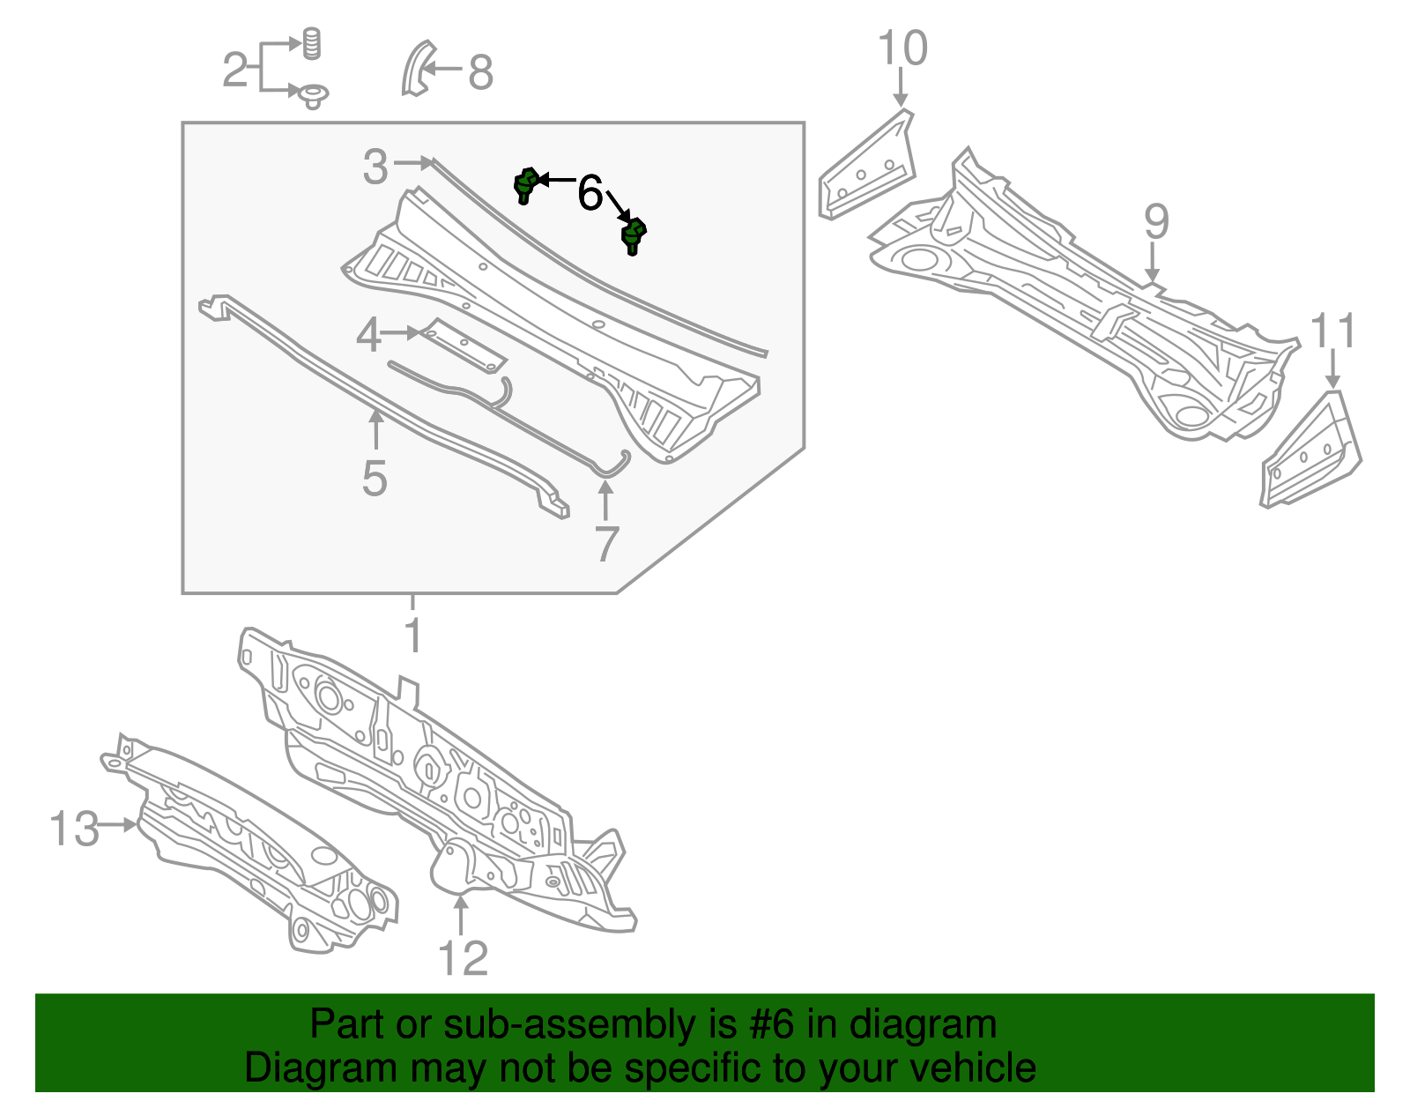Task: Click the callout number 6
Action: [x=590, y=193]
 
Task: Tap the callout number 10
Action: [x=902, y=48]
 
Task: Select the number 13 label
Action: [x=74, y=829]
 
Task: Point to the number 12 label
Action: [x=463, y=958]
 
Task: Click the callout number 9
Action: [x=1155, y=221]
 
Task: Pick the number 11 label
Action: [x=1332, y=332]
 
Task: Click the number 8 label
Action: [x=479, y=72]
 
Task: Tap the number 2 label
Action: [x=234, y=70]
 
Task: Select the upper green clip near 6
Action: [x=525, y=183]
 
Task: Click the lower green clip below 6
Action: [x=633, y=236]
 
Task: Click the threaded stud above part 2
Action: [x=311, y=43]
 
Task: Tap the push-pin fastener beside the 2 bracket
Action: [x=312, y=95]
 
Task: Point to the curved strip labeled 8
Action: [x=415, y=68]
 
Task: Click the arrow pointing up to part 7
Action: [x=605, y=499]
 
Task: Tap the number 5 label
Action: [x=375, y=479]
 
